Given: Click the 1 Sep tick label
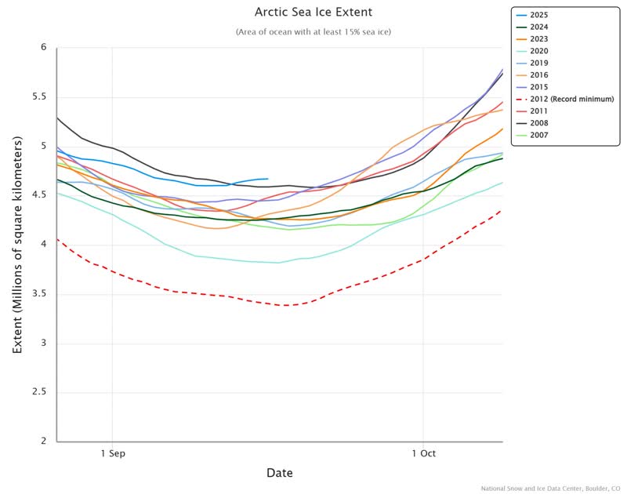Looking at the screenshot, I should pyautogui.click(x=113, y=453).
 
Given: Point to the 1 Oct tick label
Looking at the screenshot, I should pyautogui.click(x=423, y=453).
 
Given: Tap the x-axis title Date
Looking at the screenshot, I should pyautogui.click(x=280, y=473).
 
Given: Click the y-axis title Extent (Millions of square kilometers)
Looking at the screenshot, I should pyautogui.click(x=17, y=244).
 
